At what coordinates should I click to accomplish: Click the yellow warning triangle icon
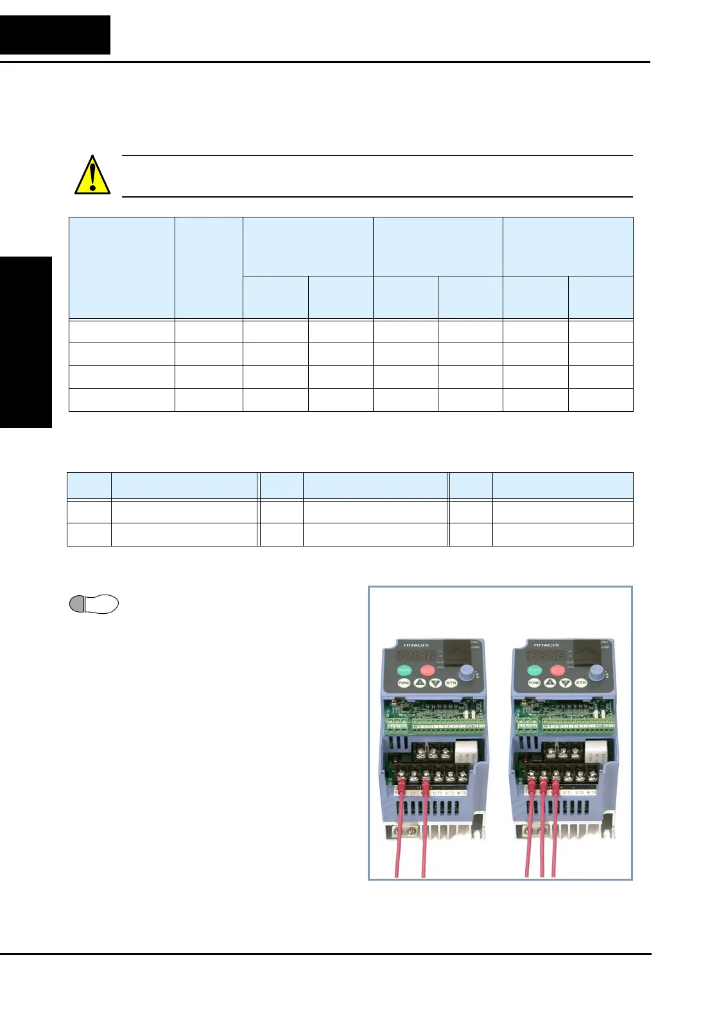point(92,175)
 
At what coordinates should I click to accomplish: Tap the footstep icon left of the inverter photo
point(94,604)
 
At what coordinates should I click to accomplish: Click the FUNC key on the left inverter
point(404,683)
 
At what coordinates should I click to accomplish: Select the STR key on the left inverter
point(451,683)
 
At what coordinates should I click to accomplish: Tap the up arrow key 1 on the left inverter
point(420,683)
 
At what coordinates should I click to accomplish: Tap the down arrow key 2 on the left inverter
point(435,683)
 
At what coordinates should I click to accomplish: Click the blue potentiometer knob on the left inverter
point(467,672)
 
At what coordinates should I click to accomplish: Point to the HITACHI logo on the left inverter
point(416,645)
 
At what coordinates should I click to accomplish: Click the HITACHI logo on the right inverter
point(546,645)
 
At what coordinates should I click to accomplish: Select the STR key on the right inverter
point(581,683)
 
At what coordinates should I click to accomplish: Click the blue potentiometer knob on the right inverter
point(596,672)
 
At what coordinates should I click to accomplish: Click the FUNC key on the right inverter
point(534,683)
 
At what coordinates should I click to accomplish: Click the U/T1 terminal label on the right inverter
point(568,793)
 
